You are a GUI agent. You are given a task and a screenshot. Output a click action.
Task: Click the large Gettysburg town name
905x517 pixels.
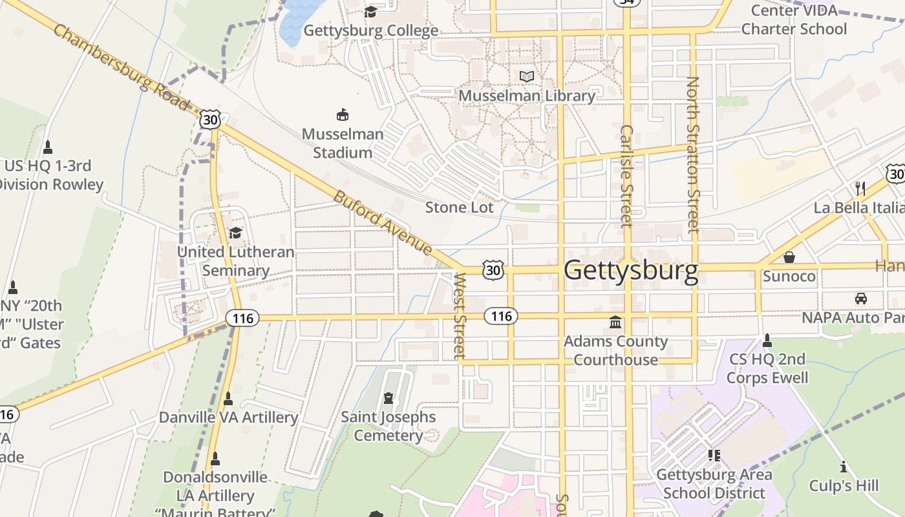pos(631,270)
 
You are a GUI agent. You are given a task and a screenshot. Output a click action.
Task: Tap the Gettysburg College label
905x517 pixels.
pos(370,30)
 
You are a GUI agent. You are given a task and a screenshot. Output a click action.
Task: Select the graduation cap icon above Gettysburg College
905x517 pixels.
pos(370,12)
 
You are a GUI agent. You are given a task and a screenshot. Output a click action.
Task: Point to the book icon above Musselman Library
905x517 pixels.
pos(527,77)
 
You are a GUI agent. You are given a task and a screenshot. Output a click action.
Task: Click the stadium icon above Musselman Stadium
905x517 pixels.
pos(343,115)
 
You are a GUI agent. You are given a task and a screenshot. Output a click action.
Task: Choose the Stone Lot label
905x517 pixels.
pos(459,207)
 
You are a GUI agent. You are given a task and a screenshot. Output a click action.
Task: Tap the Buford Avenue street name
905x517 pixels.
pos(383,222)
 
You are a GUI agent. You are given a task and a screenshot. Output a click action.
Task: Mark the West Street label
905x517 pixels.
pos(460,315)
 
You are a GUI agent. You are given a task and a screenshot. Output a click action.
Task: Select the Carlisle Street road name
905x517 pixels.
pos(626,176)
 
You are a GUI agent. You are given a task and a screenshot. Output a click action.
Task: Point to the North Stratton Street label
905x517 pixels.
pos(693,155)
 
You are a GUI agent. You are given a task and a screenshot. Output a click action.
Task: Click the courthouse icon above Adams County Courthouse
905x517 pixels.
pos(615,322)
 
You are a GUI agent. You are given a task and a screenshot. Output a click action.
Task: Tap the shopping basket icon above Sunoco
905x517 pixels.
pos(789,257)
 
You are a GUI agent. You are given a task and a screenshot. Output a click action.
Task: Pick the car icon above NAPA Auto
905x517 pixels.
pos(860,299)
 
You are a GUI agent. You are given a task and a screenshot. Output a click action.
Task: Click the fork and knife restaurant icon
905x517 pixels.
pos(860,188)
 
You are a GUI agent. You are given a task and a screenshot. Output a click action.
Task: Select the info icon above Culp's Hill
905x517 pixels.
pos(844,467)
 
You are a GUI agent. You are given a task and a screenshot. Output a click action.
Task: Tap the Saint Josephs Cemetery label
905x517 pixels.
pos(389,426)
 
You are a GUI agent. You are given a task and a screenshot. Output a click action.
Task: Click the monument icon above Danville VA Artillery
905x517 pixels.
pos(228,399)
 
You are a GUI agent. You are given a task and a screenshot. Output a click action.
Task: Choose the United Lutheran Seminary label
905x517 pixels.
pos(235,261)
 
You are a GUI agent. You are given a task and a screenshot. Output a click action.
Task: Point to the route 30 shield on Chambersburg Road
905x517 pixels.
pos(210,119)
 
